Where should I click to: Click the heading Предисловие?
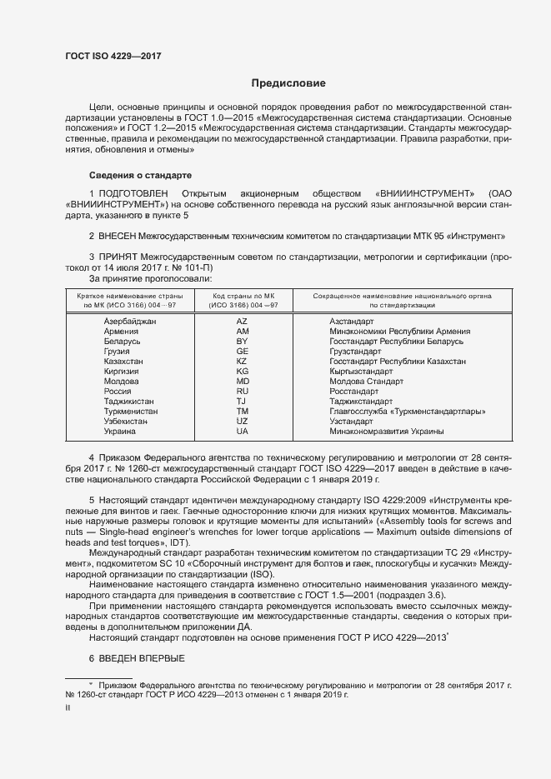(x=288, y=83)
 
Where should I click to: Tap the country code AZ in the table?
(x=242, y=321)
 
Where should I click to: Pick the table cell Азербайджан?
(x=130, y=321)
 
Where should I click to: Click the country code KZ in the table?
(x=242, y=361)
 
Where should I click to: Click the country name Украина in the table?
(x=120, y=432)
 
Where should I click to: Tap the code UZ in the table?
(x=242, y=422)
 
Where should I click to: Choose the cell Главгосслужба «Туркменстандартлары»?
(x=407, y=412)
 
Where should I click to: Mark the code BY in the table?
(x=242, y=341)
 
